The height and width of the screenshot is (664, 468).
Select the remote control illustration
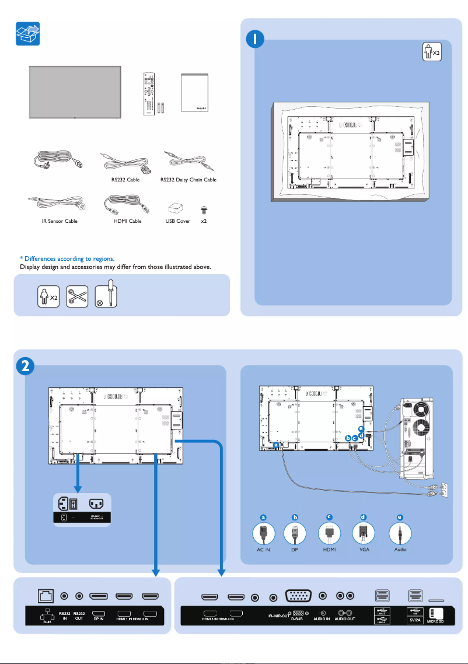[151, 93]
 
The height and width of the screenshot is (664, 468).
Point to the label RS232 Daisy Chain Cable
[188, 180]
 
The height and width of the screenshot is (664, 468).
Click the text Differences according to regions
[67, 258]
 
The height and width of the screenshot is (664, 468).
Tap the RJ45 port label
[39, 622]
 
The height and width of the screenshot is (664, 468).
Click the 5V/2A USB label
[415, 621]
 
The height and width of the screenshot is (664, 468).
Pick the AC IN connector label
[263, 550]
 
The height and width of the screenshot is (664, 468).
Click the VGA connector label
[364, 550]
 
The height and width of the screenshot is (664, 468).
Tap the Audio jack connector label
[400, 550]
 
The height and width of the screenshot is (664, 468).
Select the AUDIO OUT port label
[344, 618]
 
